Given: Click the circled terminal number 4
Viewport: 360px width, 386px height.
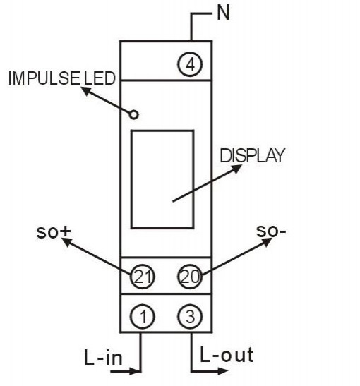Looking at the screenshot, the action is click(190, 64).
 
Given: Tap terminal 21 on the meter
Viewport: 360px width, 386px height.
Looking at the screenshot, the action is click(142, 277).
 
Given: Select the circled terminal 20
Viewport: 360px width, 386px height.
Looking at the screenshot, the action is click(190, 277).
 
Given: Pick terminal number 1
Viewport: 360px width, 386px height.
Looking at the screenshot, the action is click(142, 316).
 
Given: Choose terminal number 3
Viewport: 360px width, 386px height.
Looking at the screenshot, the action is click(190, 316).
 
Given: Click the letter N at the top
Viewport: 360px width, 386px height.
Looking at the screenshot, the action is click(224, 13).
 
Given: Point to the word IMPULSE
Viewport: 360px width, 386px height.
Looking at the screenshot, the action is click(44, 78).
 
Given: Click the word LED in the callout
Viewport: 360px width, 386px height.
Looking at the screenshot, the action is click(100, 78).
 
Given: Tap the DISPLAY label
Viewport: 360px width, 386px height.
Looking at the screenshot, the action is click(253, 155).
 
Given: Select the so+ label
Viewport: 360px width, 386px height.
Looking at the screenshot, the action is click(54, 232).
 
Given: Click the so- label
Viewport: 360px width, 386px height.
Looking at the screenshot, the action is click(271, 231).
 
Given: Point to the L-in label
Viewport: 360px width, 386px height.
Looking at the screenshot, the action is click(103, 356).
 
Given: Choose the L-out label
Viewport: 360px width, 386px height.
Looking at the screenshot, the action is click(227, 355).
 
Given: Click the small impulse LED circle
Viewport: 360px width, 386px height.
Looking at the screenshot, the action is click(134, 115).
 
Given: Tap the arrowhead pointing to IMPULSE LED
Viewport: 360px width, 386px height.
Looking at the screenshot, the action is click(86, 91).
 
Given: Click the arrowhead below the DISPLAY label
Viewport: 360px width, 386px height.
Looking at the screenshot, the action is click(237, 169).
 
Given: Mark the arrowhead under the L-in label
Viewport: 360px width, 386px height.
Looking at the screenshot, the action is click(135, 371).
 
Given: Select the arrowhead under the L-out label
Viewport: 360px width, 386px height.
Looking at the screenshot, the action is click(223, 371).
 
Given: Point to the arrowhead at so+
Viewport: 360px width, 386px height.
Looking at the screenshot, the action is click(67, 242).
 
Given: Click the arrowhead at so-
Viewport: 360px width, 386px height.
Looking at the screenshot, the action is click(267, 242).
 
